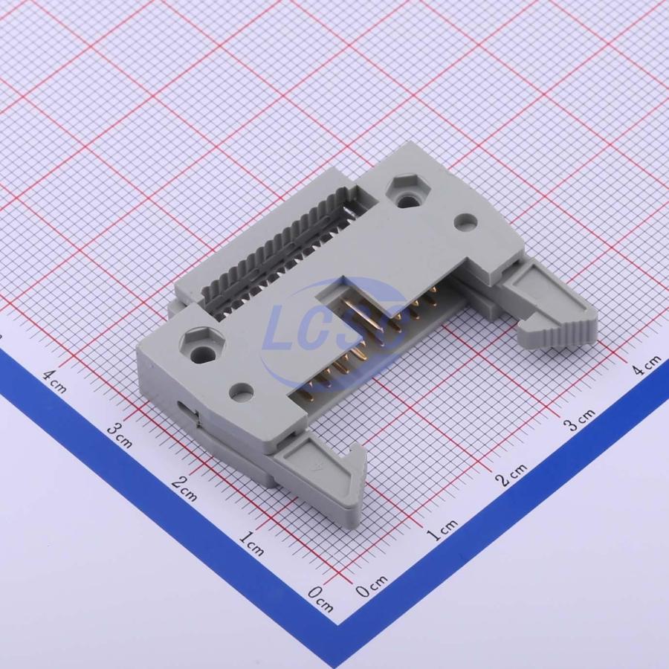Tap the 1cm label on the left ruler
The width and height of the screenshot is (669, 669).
[251, 543]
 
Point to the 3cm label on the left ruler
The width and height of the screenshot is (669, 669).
[119, 435]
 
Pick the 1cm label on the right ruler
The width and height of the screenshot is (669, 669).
[442, 529]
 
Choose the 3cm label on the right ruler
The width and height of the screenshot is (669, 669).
[579, 419]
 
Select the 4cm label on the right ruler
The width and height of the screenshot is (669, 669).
[647, 365]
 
